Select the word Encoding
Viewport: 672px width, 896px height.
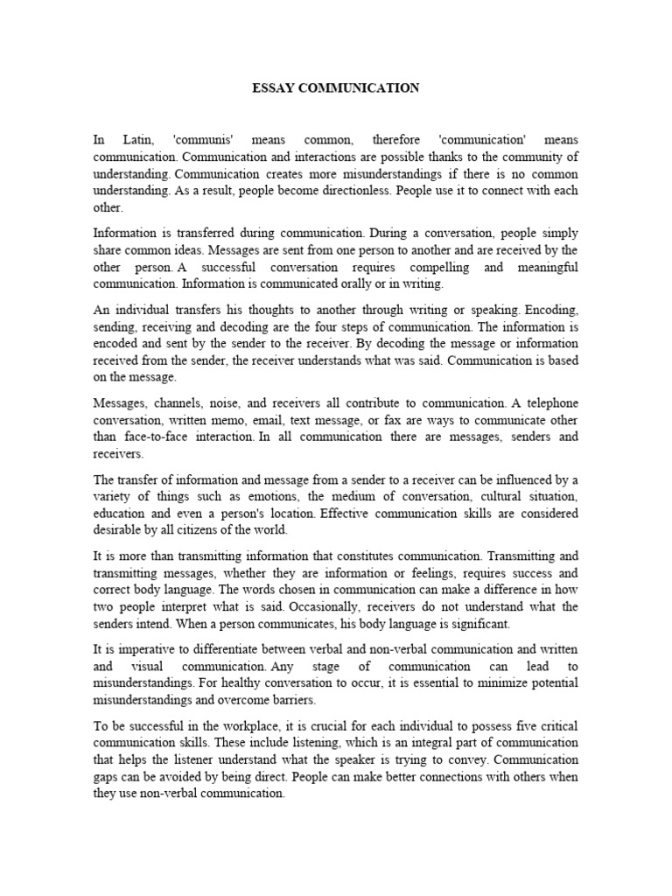tap(549, 309)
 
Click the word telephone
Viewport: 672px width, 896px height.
tap(548, 402)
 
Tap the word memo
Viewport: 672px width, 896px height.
tap(245, 419)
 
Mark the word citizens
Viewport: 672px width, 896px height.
tap(199, 530)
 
